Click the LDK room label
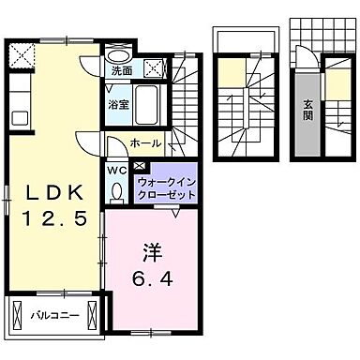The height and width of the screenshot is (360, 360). click(52, 192)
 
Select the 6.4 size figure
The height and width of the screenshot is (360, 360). click(151, 278)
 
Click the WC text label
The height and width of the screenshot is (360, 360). click(116, 171)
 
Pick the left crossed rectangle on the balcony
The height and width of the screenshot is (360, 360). click(16, 312)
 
